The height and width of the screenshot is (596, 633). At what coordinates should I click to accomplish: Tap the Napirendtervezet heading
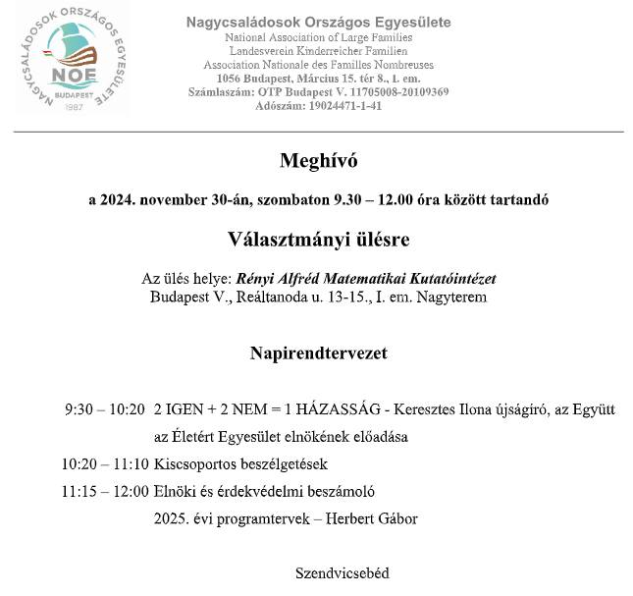(x=318, y=352)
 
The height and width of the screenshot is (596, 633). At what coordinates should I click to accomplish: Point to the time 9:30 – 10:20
(x=105, y=408)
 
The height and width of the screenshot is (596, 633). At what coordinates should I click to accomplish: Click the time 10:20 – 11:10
(x=104, y=463)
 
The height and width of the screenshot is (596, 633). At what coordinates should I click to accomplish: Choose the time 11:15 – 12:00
(x=104, y=491)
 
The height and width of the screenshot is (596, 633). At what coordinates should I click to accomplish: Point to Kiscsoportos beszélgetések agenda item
(x=240, y=463)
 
